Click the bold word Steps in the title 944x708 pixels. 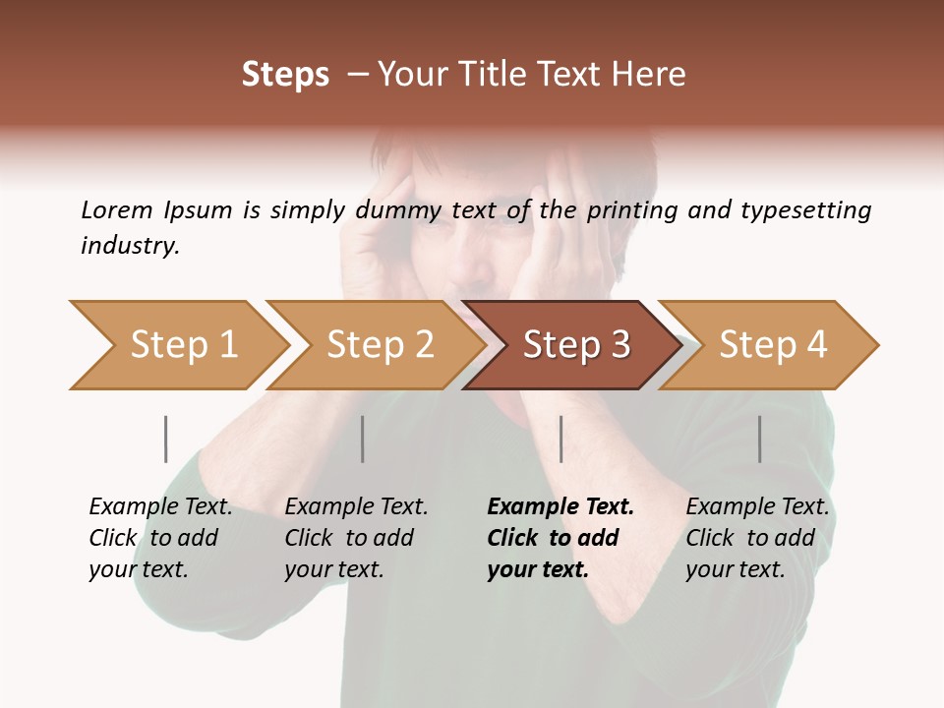(x=285, y=75)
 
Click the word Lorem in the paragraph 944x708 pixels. (x=116, y=209)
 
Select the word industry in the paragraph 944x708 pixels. (x=130, y=246)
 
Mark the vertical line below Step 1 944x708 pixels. (x=165, y=439)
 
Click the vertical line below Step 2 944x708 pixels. (x=363, y=439)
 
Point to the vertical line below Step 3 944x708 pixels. (x=560, y=439)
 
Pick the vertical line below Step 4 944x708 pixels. (x=759, y=439)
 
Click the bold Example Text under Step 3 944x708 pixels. (x=560, y=507)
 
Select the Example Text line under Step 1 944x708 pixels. (x=160, y=507)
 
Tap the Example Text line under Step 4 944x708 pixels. (x=757, y=507)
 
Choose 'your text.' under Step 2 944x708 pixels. (x=333, y=569)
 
